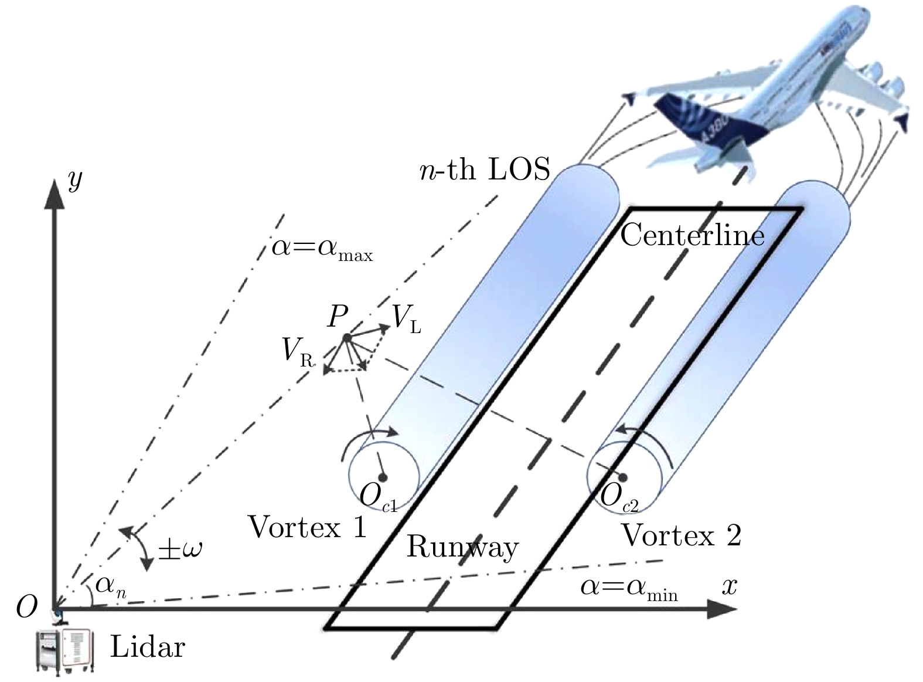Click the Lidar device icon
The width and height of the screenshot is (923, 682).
63,649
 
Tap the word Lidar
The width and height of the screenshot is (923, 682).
148,648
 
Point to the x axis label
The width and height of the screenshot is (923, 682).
728,586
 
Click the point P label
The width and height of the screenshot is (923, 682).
338,317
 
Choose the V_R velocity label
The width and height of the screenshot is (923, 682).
297,352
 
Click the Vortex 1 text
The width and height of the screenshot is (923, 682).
307,527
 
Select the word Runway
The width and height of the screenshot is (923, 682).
462,547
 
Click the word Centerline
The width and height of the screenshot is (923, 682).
692,235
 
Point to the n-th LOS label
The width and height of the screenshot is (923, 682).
486,169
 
